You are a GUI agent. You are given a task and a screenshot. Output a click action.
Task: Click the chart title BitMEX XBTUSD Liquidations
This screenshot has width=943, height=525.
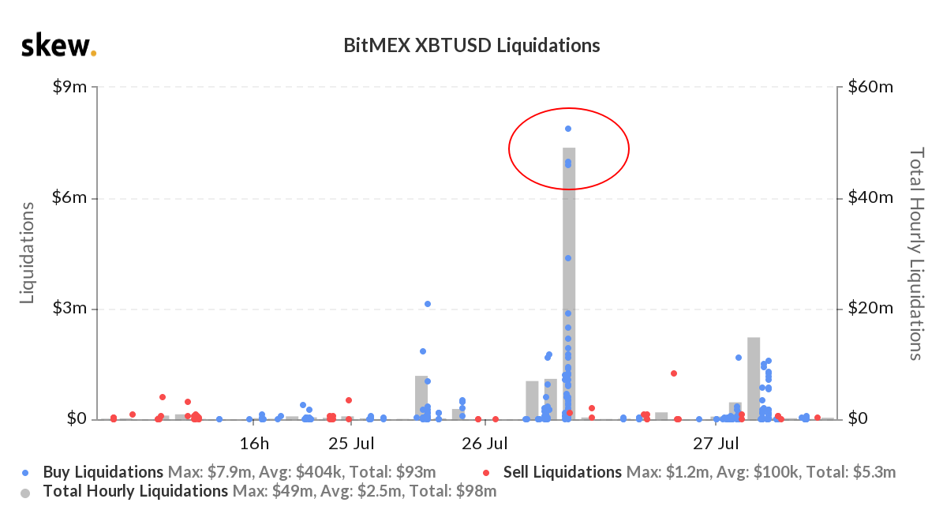pyautogui.click(x=471, y=46)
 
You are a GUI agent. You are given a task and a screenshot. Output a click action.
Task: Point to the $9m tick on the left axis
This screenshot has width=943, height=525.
pyautogui.click(x=69, y=87)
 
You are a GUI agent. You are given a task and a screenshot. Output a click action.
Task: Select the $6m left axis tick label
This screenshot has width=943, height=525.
pyautogui.click(x=69, y=198)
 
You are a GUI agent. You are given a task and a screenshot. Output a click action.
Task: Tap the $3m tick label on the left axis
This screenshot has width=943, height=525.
pyautogui.click(x=69, y=309)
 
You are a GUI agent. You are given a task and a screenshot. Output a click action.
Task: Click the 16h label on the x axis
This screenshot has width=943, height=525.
pyautogui.click(x=255, y=442)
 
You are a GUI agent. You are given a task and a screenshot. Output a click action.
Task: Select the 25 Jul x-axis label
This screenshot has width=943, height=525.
pyautogui.click(x=351, y=442)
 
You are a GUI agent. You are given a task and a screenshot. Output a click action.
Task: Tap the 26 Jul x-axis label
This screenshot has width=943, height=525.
pyautogui.click(x=483, y=442)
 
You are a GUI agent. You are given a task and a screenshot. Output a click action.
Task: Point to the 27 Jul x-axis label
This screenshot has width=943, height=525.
pyautogui.click(x=717, y=442)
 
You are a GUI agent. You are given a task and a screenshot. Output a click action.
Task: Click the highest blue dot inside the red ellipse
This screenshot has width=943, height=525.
pyautogui.click(x=568, y=129)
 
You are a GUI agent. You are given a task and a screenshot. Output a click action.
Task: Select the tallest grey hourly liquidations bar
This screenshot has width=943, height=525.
pyautogui.click(x=569, y=284)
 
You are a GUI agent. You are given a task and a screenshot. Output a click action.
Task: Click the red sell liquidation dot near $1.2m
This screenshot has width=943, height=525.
pyautogui.click(x=674, y=373)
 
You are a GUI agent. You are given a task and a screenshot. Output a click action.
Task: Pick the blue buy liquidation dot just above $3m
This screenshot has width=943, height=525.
pyautogui.click(x=428, y=304)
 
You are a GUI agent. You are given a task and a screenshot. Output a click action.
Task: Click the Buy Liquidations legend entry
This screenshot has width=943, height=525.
pyautogui.click(x=103, y=473)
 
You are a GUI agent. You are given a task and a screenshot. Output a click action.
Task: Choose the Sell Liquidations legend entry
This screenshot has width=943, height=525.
pyautogui.click(x=562, y=473)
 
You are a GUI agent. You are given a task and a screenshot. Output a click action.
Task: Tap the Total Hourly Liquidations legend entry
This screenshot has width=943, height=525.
pyautogui.click(x=134, y=492)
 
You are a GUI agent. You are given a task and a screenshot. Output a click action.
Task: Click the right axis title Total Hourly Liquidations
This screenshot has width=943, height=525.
pyautogui.click(x=916, y=253)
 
